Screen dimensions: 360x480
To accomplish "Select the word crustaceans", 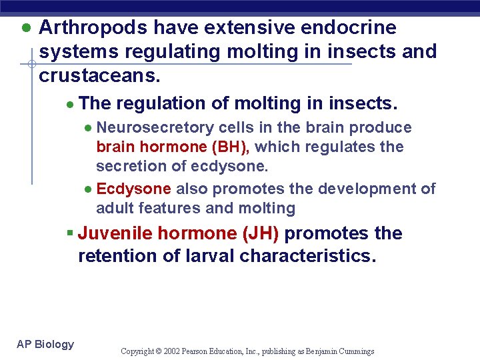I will tap(99, 75).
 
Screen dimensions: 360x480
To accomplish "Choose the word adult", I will tap(115, 209).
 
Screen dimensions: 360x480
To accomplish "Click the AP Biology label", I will tap(45, 344).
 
